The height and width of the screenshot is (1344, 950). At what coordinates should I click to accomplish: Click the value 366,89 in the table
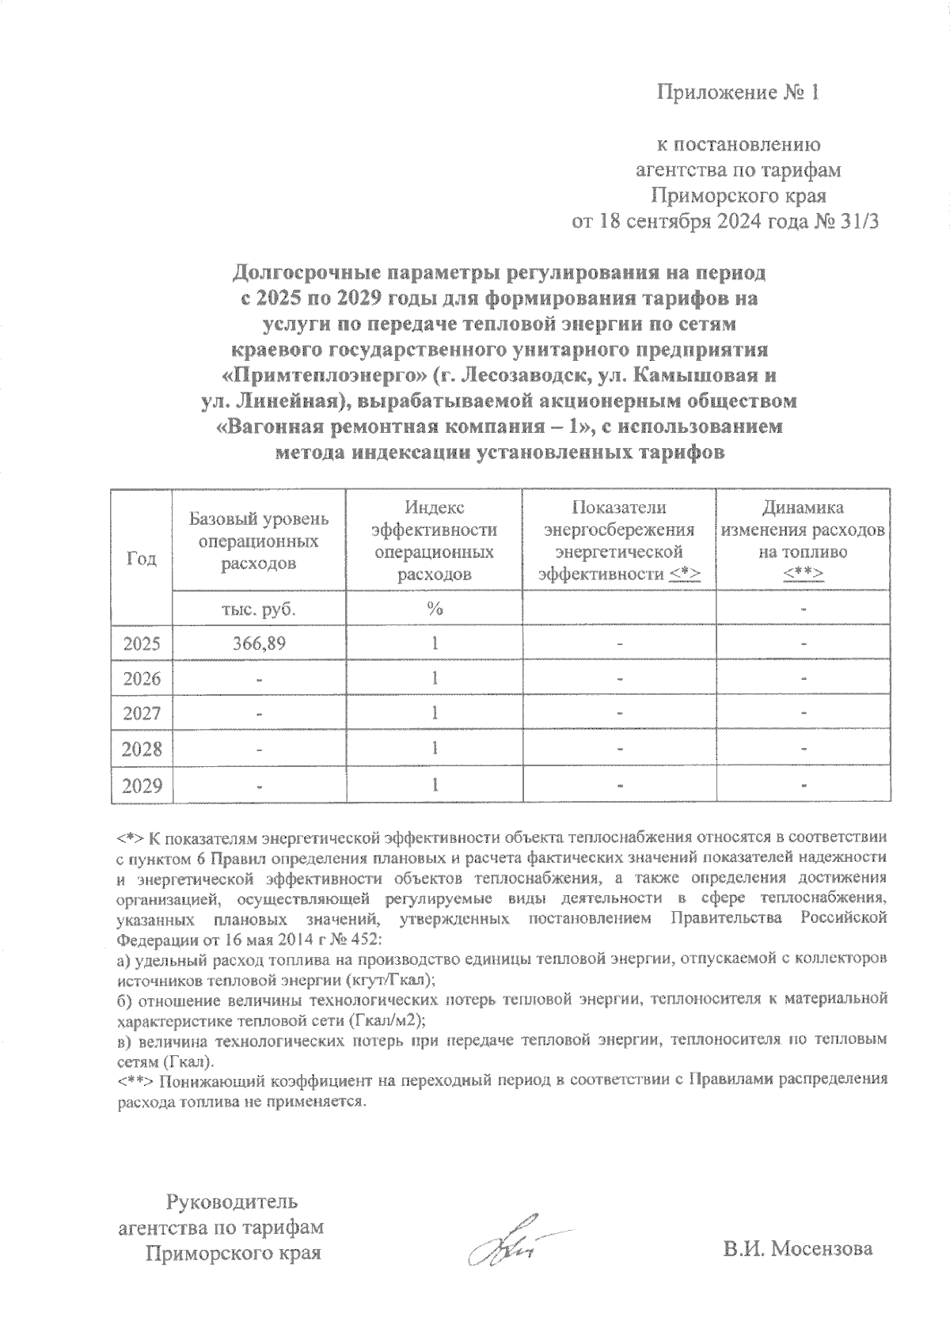[x=258, y=644]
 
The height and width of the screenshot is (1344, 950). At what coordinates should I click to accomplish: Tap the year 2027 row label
[x=142, y=714]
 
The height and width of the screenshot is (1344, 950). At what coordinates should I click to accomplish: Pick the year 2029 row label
[x=142, y=785]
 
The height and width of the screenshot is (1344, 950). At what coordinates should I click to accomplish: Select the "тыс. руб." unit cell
[x=258, y=609]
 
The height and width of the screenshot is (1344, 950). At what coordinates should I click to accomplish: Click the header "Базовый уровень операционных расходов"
[x=258, y=541]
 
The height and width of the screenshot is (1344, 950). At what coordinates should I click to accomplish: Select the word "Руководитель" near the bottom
[x=231, y=1202]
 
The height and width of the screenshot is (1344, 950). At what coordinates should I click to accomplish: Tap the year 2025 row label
[x=142, y=644]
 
